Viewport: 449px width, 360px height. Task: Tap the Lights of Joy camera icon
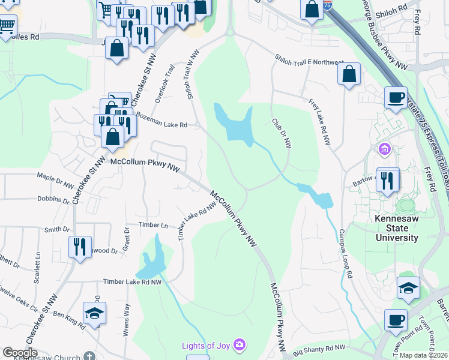coord(240,344)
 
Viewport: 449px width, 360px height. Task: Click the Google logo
coord(20,353)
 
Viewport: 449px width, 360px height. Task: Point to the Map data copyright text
coord(424,355)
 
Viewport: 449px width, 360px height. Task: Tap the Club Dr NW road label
coord(281,133)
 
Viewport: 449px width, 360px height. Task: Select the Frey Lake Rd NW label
coord(320,122)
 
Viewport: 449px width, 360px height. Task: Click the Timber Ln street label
coord(153,225)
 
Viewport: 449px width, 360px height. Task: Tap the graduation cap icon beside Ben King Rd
coord(94,314)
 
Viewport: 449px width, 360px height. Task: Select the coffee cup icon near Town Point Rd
coord(396,320)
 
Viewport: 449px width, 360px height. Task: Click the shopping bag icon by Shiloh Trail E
coord(349,75)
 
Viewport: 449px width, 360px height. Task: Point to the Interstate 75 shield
coord(327,5)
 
